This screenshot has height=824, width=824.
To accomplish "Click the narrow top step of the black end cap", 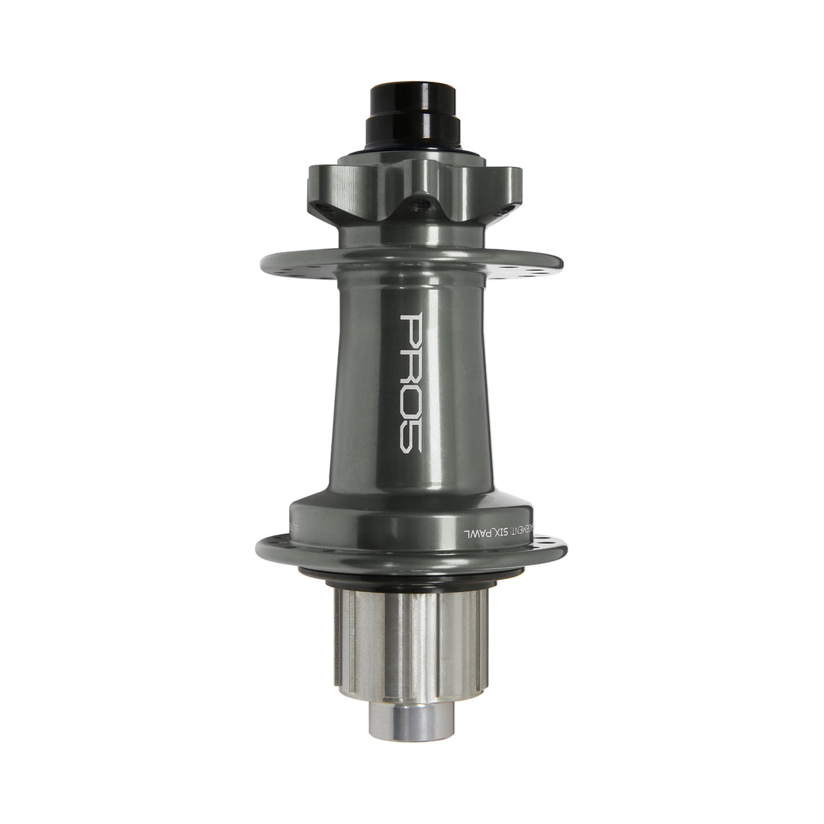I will tap(413, 98).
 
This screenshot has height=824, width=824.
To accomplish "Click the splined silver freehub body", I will tap(411, 641).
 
